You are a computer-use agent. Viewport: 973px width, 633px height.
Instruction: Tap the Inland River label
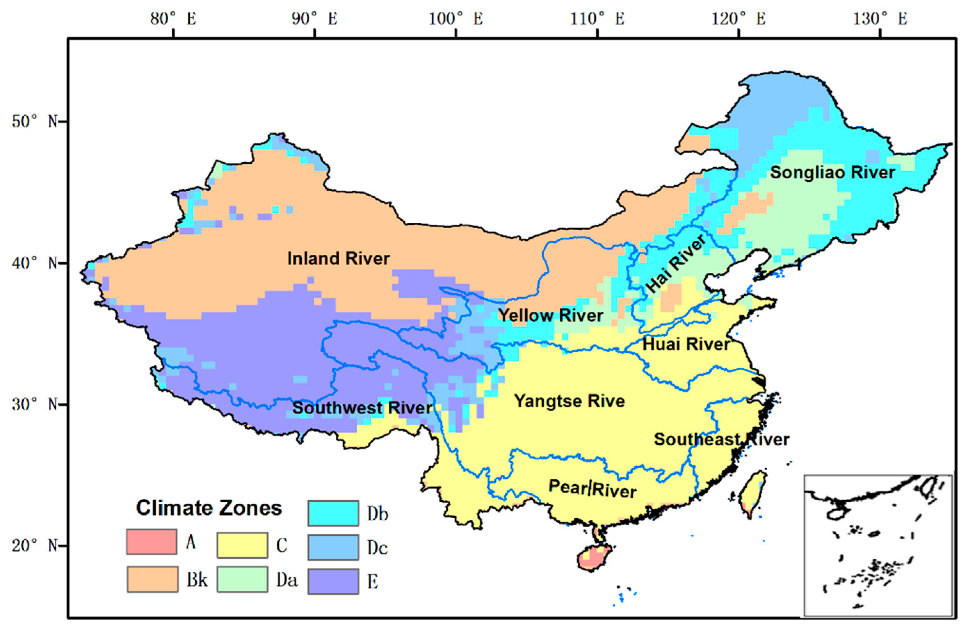coord(339,259)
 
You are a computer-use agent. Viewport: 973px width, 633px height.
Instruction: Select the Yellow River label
coord(551,315)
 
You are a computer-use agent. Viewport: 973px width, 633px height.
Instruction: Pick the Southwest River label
coord(362,408)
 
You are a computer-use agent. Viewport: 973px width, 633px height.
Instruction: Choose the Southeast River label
coord(722,439)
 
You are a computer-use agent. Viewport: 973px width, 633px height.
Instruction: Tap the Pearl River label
coord(592,488)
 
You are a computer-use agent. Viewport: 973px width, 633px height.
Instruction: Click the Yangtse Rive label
coord(569,401)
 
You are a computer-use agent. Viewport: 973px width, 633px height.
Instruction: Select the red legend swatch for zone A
coord(152,542)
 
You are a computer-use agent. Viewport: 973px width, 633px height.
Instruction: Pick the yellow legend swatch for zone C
coord(242,545)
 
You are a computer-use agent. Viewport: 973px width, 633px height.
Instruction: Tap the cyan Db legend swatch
coord(333,513)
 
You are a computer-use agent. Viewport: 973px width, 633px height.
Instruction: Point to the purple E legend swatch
coord(333,581)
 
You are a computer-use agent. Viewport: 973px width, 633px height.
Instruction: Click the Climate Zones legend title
coord(209,508)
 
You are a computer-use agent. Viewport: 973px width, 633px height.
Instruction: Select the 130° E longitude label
coord(880,19)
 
